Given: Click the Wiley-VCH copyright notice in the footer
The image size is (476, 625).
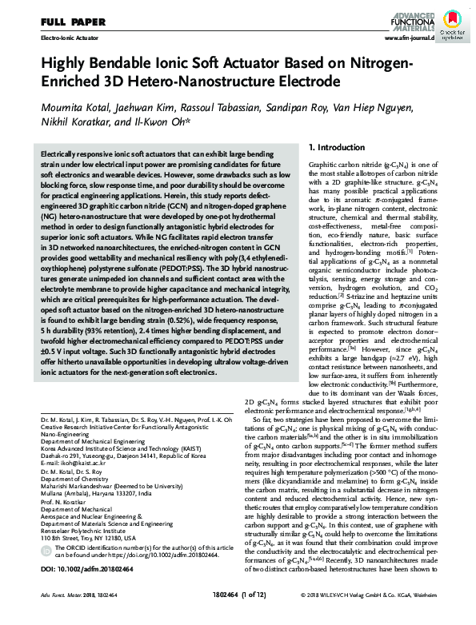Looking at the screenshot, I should (x=379, y=618).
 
